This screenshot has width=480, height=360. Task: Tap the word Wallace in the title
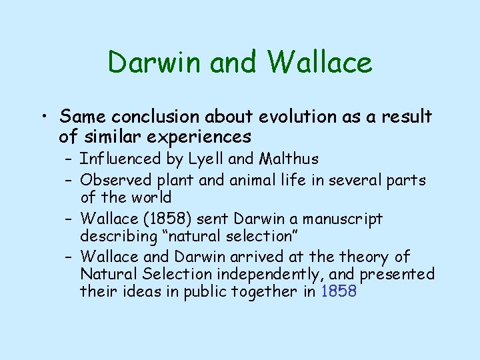tap(320, 63)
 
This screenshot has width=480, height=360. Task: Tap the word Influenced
tap(121, 159)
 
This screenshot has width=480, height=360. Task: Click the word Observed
tap(116, 180)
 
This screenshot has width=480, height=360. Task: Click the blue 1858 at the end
tap(339, 291)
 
